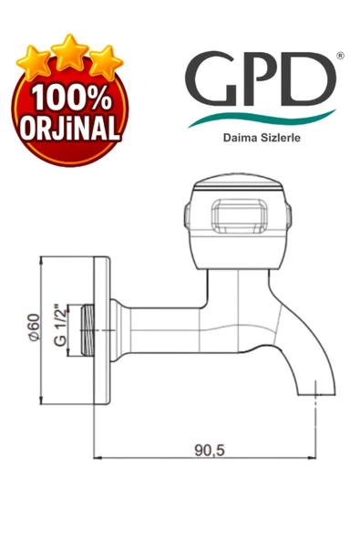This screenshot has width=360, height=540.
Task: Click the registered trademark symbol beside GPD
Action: coord(340,56)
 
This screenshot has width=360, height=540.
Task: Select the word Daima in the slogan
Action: coord(230,139)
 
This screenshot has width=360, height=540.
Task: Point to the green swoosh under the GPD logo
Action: coord(264,117)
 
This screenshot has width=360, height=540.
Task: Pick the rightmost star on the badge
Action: coord(104,62)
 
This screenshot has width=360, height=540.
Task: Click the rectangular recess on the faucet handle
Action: coord(236,219)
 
